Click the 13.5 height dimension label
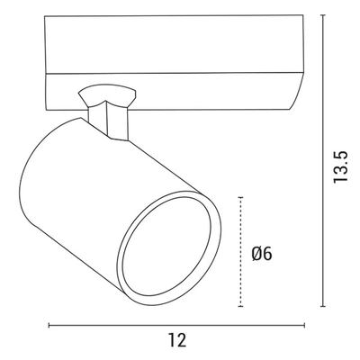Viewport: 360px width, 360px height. pos(340,166)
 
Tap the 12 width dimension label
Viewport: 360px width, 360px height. pos(177,340)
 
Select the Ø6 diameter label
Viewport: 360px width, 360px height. pos(262,254)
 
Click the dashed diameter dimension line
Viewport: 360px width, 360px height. pos(240,252)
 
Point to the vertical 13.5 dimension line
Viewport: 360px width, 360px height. pos(323,160)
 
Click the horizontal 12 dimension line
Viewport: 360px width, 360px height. pos(177,325)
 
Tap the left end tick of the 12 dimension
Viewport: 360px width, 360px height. pos(49,325)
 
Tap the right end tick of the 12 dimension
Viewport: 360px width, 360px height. pos(305,325)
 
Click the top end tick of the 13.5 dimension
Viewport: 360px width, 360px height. pos(323,15)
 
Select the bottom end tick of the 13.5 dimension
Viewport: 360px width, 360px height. pos(323,306)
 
